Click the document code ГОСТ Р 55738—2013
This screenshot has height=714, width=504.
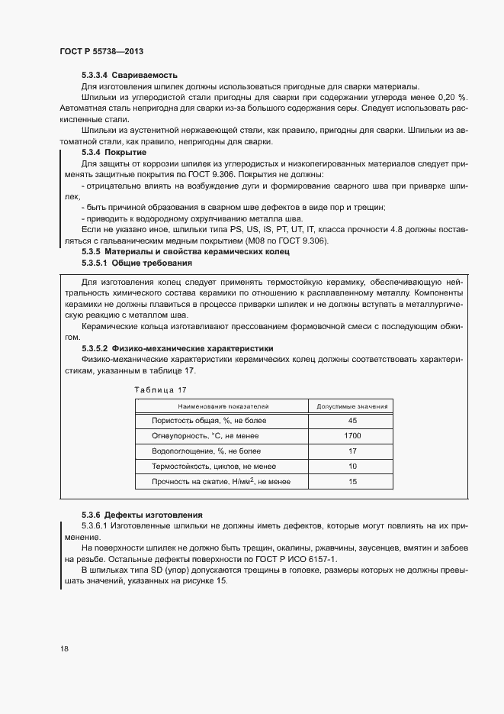[x=101, y=51]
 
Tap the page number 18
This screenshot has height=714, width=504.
[x=64, y=649]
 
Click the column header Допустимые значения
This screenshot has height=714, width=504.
[x=352, y=406]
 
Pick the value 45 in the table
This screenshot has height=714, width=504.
[x=352, y=421]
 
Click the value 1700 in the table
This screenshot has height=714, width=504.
[x=352, y=436]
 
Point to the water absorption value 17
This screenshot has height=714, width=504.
[x=352, y=451]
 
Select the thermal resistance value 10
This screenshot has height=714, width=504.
[x=352, y=466]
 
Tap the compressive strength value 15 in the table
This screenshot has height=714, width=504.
[x=352, y=482]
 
